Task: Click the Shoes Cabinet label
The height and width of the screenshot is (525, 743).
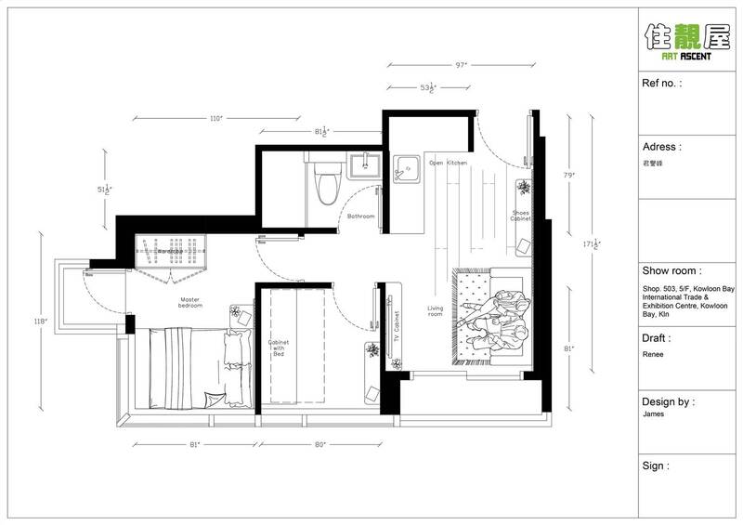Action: [x=521, y=219]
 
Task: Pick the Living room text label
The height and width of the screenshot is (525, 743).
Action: [x=436, y=312]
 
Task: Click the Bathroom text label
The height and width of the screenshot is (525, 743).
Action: [x=360, y=216]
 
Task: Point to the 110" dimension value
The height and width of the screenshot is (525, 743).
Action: [x=216, y=119]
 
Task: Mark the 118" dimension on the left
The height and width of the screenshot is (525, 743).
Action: [x=41, y=322]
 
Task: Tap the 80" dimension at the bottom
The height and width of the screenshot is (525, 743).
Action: [x=318, y=445]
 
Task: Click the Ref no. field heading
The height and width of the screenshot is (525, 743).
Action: [x=662, y=84]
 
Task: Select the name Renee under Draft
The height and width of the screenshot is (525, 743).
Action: [x=652, y=353]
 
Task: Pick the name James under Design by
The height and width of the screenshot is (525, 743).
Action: [x=653, y=417]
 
